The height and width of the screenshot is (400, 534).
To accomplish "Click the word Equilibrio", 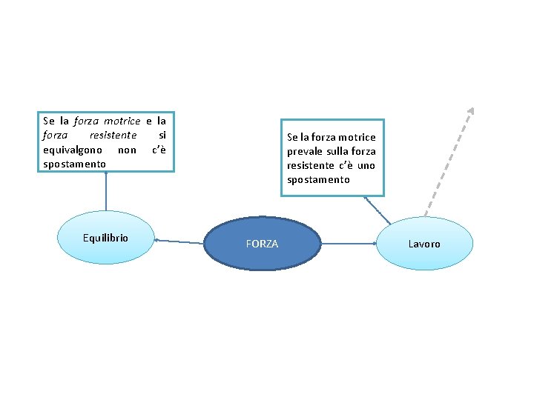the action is [x=105, y=238].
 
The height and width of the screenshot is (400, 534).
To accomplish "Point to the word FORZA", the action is [x=262, y=244].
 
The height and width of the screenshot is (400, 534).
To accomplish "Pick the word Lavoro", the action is [x=424, y=244].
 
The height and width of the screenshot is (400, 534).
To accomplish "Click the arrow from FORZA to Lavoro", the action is [x=349, y=243].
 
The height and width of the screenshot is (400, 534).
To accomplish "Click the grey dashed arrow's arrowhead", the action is [x=470, y=111].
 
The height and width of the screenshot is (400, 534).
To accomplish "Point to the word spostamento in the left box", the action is [x=74, y=163].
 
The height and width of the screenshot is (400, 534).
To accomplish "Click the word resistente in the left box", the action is [x=112, y=136].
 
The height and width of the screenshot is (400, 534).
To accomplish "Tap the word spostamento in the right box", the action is [x=318, y=179].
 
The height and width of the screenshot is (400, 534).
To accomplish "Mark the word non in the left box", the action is [x=127, y=150].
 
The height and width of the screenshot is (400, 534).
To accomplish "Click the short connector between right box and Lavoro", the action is [x=378, y=210].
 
